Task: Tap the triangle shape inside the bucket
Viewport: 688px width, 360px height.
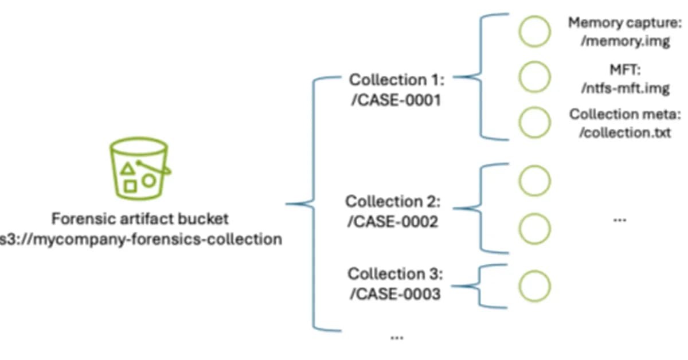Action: tap(129, 169)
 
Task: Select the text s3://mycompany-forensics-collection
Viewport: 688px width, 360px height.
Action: tap(140, 238)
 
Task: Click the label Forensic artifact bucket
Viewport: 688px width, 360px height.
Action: tap(140, 218)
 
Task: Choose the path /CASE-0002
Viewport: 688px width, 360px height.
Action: tap(392, 221)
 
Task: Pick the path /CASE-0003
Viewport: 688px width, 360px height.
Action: tap(394, 294)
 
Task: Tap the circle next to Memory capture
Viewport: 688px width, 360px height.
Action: tap(534, 31)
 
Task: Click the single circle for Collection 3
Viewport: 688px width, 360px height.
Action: tap(534, 285)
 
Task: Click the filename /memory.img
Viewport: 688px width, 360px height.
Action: tap(625, 42)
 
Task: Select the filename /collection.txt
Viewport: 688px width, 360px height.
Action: tap(625, 133)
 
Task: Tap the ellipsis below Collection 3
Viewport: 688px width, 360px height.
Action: tap(396, 338)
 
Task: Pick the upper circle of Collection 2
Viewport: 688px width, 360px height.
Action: tap(534, 181)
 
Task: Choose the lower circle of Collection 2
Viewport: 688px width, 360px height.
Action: tap(534, 228)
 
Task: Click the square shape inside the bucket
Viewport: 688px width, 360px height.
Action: tap(131, 186)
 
